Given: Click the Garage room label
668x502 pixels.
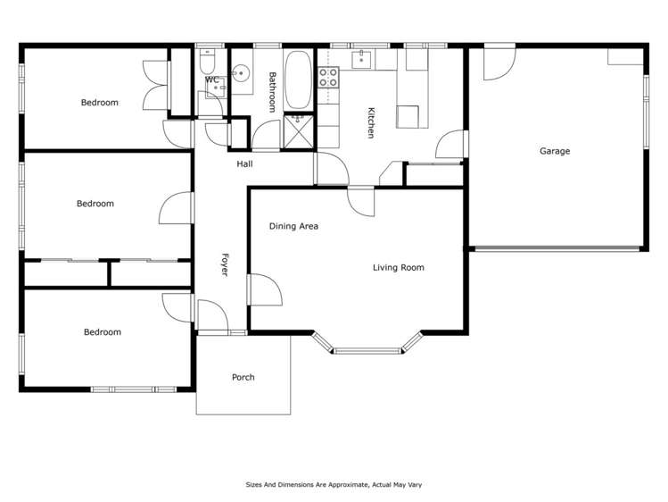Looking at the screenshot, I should coord(554,151).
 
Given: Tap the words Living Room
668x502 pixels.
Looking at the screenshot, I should coord(398,267).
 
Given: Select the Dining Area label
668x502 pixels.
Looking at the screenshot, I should coord(293,226).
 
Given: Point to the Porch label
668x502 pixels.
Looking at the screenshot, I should coord(243,377).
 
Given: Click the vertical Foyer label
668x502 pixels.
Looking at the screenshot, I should coord(225,264).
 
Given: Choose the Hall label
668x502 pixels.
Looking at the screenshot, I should coord(244,164).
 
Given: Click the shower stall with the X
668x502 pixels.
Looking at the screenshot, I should coord(298,130).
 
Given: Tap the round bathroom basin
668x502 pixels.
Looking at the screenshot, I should coord(240,74).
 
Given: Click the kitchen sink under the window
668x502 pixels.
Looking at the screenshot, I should coord(363,60).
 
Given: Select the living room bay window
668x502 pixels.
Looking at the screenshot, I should coord(368,348).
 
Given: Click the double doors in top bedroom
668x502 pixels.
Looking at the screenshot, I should coord(155,86).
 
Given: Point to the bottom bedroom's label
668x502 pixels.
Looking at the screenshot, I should coord(102,332).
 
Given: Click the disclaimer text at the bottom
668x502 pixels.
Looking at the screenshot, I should coord(334,484).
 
